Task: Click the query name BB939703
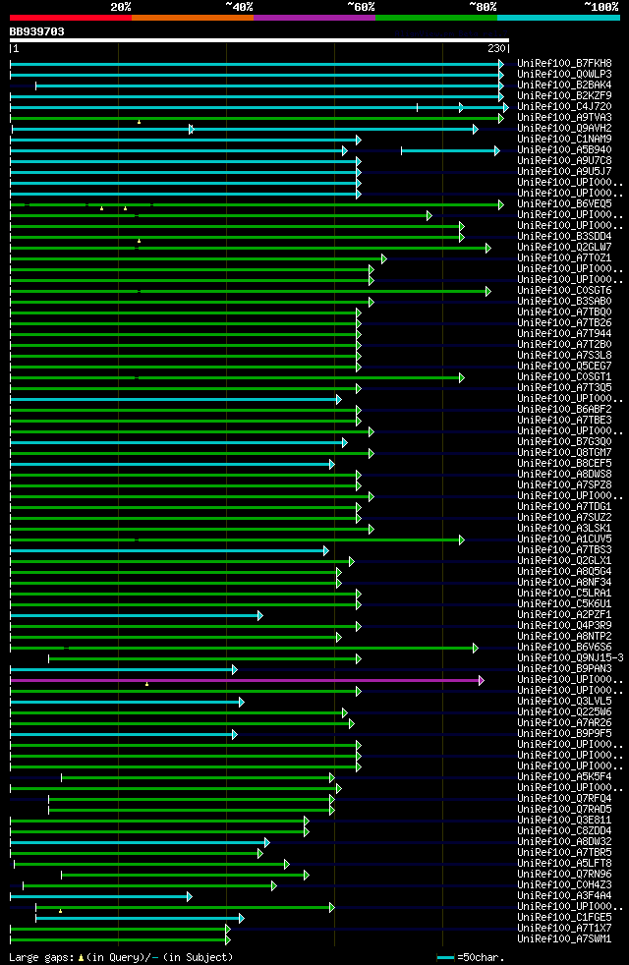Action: point(37,31)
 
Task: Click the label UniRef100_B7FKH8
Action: point(565,63)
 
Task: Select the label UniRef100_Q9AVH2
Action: point(565,128)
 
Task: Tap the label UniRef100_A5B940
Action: point(565,149)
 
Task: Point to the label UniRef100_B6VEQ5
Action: point(565,203)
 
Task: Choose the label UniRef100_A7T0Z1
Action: point(565,257)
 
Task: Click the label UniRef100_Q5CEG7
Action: point(565,366)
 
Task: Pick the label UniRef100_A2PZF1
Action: point(565,614)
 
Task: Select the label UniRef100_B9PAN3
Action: point(565,668)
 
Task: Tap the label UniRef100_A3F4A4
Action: point(565,895)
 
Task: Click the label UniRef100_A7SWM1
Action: point(565,938)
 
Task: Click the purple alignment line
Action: point(246,680)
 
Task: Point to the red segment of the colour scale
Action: point(70,18)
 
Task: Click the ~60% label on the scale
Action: point(361,7)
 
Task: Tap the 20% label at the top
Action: point(121,7)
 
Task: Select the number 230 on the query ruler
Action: point(495,48)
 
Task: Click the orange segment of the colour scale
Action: point(192,18)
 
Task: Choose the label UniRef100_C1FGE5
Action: point(565,917)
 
